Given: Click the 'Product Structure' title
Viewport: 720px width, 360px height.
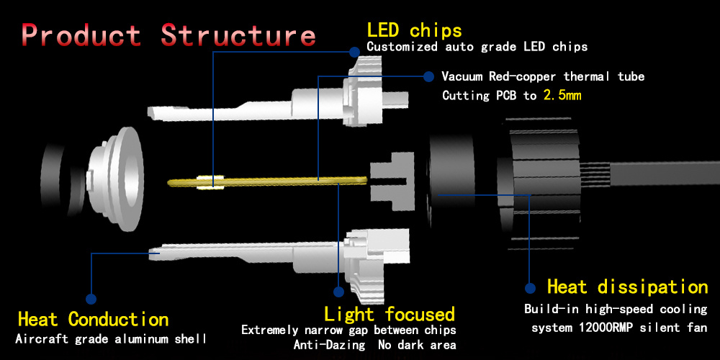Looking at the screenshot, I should pyautogui.click(x=168, y=35).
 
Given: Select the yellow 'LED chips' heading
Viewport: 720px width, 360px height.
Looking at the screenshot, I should pyautogui.click(x=414, y=30).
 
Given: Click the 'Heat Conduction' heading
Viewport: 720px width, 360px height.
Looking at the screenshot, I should pyautogui.click(x=93, y=319).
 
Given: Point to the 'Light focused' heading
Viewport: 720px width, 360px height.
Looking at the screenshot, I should pyautogui.click(x=390, y=314).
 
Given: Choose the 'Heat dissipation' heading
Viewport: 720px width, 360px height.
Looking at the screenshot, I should pyautogui.click(x=627, y=287).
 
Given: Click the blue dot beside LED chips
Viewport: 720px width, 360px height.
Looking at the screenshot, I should pyautogui.click(x=354, y=51).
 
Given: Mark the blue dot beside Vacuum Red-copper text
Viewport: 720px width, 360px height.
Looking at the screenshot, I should pyautogui.click(x=428, y=76).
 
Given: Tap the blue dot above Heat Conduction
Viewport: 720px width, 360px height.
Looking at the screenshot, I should pyautogui.click(x=91, y=297).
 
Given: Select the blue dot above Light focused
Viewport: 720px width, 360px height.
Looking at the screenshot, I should pyautogui.click(x=338, y=292).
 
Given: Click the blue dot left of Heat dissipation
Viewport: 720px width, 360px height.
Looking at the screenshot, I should pyautogui.click(x=530, y=287).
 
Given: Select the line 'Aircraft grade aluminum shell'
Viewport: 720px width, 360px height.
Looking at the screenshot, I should pyautogui.click(x=111, y=338).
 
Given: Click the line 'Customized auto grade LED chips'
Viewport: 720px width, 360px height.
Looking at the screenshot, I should pyautogui.click(x=477, y=47).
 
